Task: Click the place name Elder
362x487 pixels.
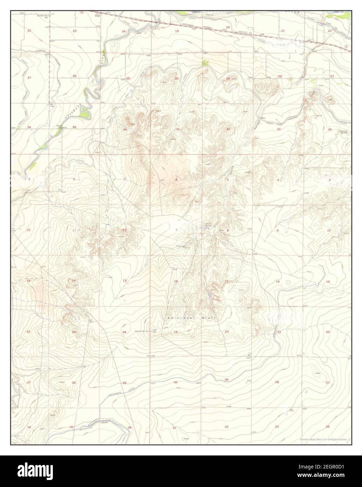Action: [x=98, y=15]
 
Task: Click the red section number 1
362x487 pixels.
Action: [x=125, y=179]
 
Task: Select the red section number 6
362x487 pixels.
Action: [x=176, y=180]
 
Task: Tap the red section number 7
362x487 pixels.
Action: [x=176, y=230]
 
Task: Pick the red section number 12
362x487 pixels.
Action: [x=124, y=230]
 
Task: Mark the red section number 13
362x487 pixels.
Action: [x=125, y=281]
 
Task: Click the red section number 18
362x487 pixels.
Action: [x=176, y=281]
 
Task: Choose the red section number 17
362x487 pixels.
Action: [x=227, y=281]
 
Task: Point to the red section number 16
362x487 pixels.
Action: [x=278, y=282]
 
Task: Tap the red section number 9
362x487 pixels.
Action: [x=278, y=231]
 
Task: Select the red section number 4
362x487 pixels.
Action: [x=278, y=180]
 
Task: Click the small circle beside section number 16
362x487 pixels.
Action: [x=288, y=282]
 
